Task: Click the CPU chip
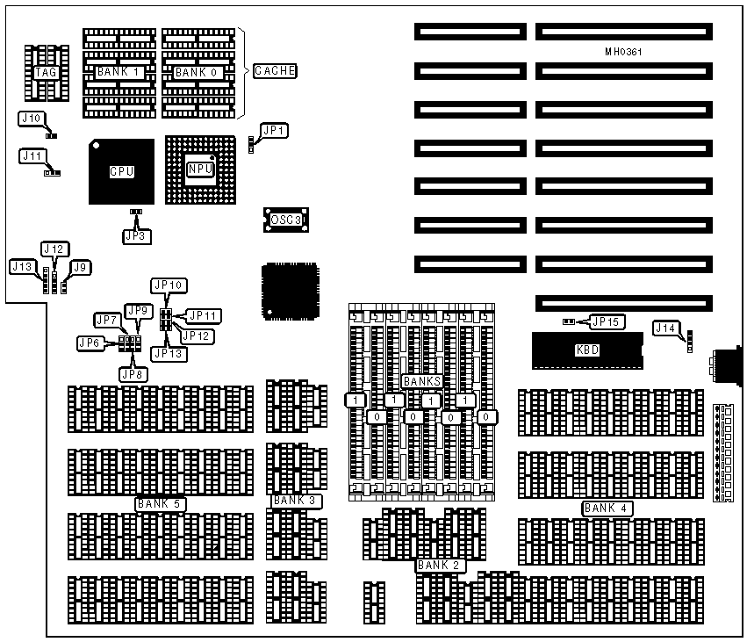click(121, 171)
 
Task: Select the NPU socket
click(200, 170)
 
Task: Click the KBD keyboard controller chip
click(586, 350)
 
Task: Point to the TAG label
click(47, 72)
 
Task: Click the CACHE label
click(275, 71)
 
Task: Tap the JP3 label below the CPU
click(134, 235)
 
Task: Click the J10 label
click(31, 118)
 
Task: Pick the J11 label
click(32, 155)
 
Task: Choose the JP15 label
click(607, 322)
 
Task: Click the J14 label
click(666, 328)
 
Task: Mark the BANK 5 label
click(158, 504)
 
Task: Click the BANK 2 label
click(440, 565)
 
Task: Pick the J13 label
click(24, 265)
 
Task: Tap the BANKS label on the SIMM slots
click(422, 382)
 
